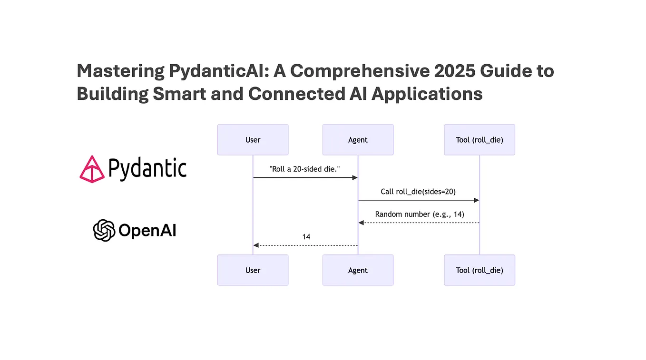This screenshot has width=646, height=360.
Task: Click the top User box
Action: click(253, 140)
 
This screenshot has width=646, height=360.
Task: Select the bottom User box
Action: click(253, 270)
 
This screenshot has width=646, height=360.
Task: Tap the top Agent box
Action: click(358, 140)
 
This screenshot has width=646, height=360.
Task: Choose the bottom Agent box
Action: click(358, 270)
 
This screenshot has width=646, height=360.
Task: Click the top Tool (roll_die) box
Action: click(480, 140)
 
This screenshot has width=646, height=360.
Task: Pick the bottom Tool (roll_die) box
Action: click(480, 270)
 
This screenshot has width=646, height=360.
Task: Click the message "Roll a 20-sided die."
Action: click(305, 169)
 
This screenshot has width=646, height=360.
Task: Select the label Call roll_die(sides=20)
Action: click(418, 192)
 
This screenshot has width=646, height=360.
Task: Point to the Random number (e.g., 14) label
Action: click(420, 214)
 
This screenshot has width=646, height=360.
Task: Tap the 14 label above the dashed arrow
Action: click(306, 236)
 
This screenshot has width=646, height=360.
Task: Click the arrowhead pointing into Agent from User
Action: click(354, 177)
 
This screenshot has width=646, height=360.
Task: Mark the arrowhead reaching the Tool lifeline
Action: click(476, 200)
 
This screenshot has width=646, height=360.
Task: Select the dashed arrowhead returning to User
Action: click(256, 245)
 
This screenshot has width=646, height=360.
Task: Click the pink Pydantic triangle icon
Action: click(92, 169)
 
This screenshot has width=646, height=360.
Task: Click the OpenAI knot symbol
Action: click(104, 231)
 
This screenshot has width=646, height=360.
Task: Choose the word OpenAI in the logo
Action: click(147, 231)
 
